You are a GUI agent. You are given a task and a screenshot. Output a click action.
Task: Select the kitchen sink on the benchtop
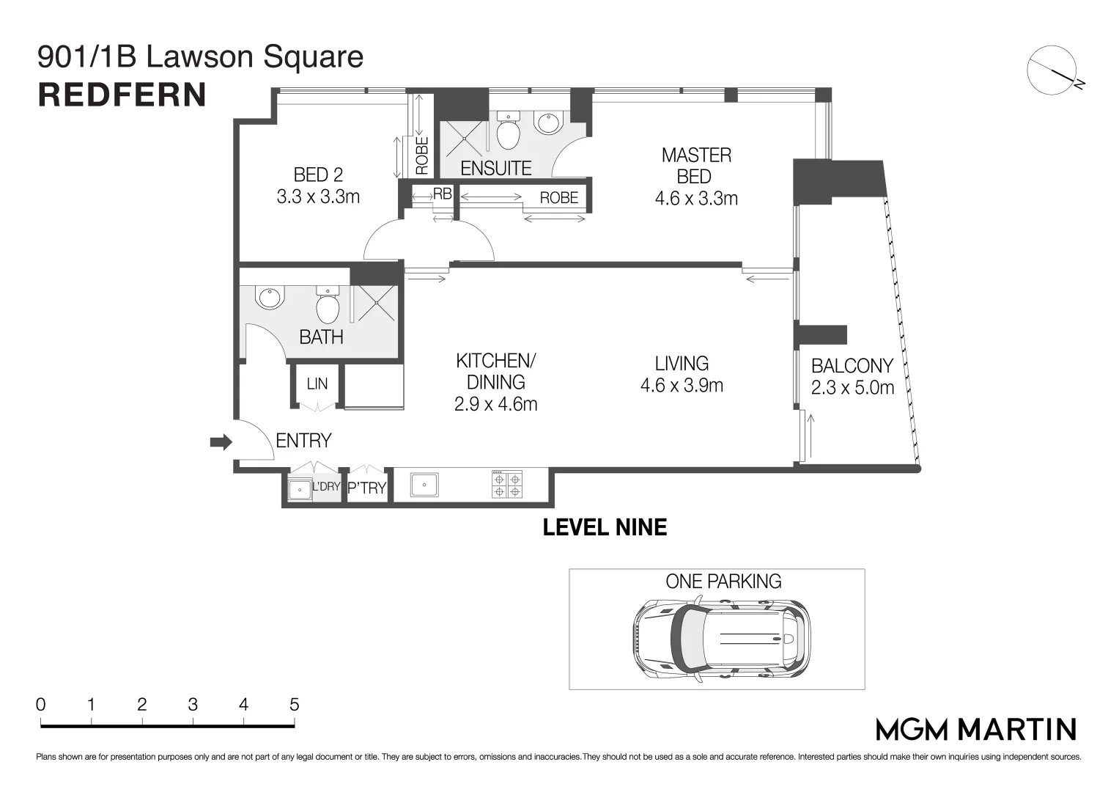[424, 485]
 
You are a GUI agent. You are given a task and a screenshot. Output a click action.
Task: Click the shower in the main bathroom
[375, 303]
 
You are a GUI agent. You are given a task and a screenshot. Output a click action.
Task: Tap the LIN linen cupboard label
[317, 384]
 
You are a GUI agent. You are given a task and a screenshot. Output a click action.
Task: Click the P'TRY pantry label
[366, 488]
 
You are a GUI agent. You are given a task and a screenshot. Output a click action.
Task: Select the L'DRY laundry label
[326, 486]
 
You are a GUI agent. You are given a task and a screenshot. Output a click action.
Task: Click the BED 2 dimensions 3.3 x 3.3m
[318, 197]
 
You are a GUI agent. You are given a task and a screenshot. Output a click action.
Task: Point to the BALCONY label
[852, 366]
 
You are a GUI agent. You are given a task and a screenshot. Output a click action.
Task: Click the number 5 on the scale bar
[294, 705]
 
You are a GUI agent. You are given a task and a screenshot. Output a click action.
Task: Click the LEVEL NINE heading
[605, 527]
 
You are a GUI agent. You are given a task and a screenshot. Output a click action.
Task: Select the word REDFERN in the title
[122, 95]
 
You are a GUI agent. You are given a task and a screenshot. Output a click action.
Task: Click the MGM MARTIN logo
[976, 729]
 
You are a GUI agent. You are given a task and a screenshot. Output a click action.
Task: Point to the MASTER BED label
[695, 166]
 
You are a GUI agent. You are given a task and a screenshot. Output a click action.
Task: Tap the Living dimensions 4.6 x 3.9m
[682, 386]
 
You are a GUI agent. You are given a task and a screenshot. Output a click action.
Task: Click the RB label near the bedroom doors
[442, 194]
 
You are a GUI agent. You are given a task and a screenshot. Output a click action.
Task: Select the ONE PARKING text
[723, 582]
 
